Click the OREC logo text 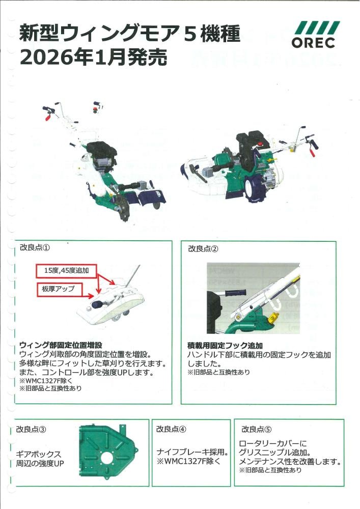tap(313, 43)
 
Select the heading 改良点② tap(203, 249)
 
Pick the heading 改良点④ tap(171, 429)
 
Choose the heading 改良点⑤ tap(256, 429)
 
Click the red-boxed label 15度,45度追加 tap(66, 271)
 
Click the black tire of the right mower tap(255, 191)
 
